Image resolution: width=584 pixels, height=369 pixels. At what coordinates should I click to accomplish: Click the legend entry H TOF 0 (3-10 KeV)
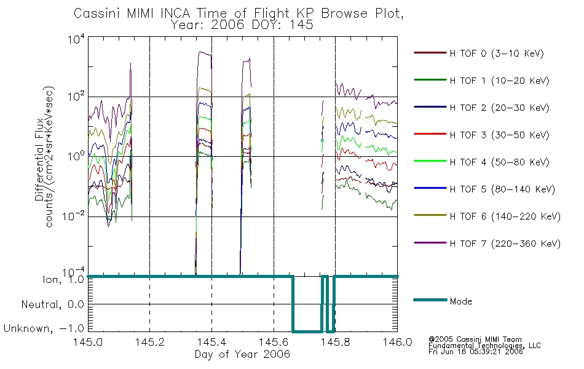tap(479, 54)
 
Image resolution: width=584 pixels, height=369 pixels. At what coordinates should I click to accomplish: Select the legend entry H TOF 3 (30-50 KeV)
tap(481, 135)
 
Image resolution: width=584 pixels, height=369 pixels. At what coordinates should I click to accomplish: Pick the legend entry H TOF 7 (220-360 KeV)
tap(487, 244)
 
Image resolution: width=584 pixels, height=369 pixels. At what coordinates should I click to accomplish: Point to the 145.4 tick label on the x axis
tap(212, 342)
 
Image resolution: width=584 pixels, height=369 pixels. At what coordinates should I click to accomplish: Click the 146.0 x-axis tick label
tap(397, 342)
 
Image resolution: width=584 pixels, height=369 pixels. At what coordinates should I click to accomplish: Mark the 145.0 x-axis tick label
tap(88, 342)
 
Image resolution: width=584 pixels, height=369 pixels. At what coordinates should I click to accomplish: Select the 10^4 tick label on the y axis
tap(76, 39)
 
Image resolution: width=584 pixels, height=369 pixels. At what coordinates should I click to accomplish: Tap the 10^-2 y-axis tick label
tap(74, 216)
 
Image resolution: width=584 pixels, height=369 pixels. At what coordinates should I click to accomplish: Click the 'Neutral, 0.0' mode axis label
tap(53, 304)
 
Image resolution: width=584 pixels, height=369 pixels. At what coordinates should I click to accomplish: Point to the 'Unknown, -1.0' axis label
tap(44, 328)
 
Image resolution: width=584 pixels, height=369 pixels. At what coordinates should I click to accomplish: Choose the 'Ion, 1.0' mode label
tap(63, 279)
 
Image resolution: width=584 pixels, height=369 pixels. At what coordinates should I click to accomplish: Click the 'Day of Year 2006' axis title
tap(242, 354)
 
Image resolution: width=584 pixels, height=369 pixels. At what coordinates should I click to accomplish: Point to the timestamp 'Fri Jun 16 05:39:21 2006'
tap(476, 351)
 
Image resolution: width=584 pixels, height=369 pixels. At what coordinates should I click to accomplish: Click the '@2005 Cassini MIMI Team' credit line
tap(475, 339)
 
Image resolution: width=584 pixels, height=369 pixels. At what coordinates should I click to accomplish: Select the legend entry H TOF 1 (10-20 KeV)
tap(481, 80)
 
